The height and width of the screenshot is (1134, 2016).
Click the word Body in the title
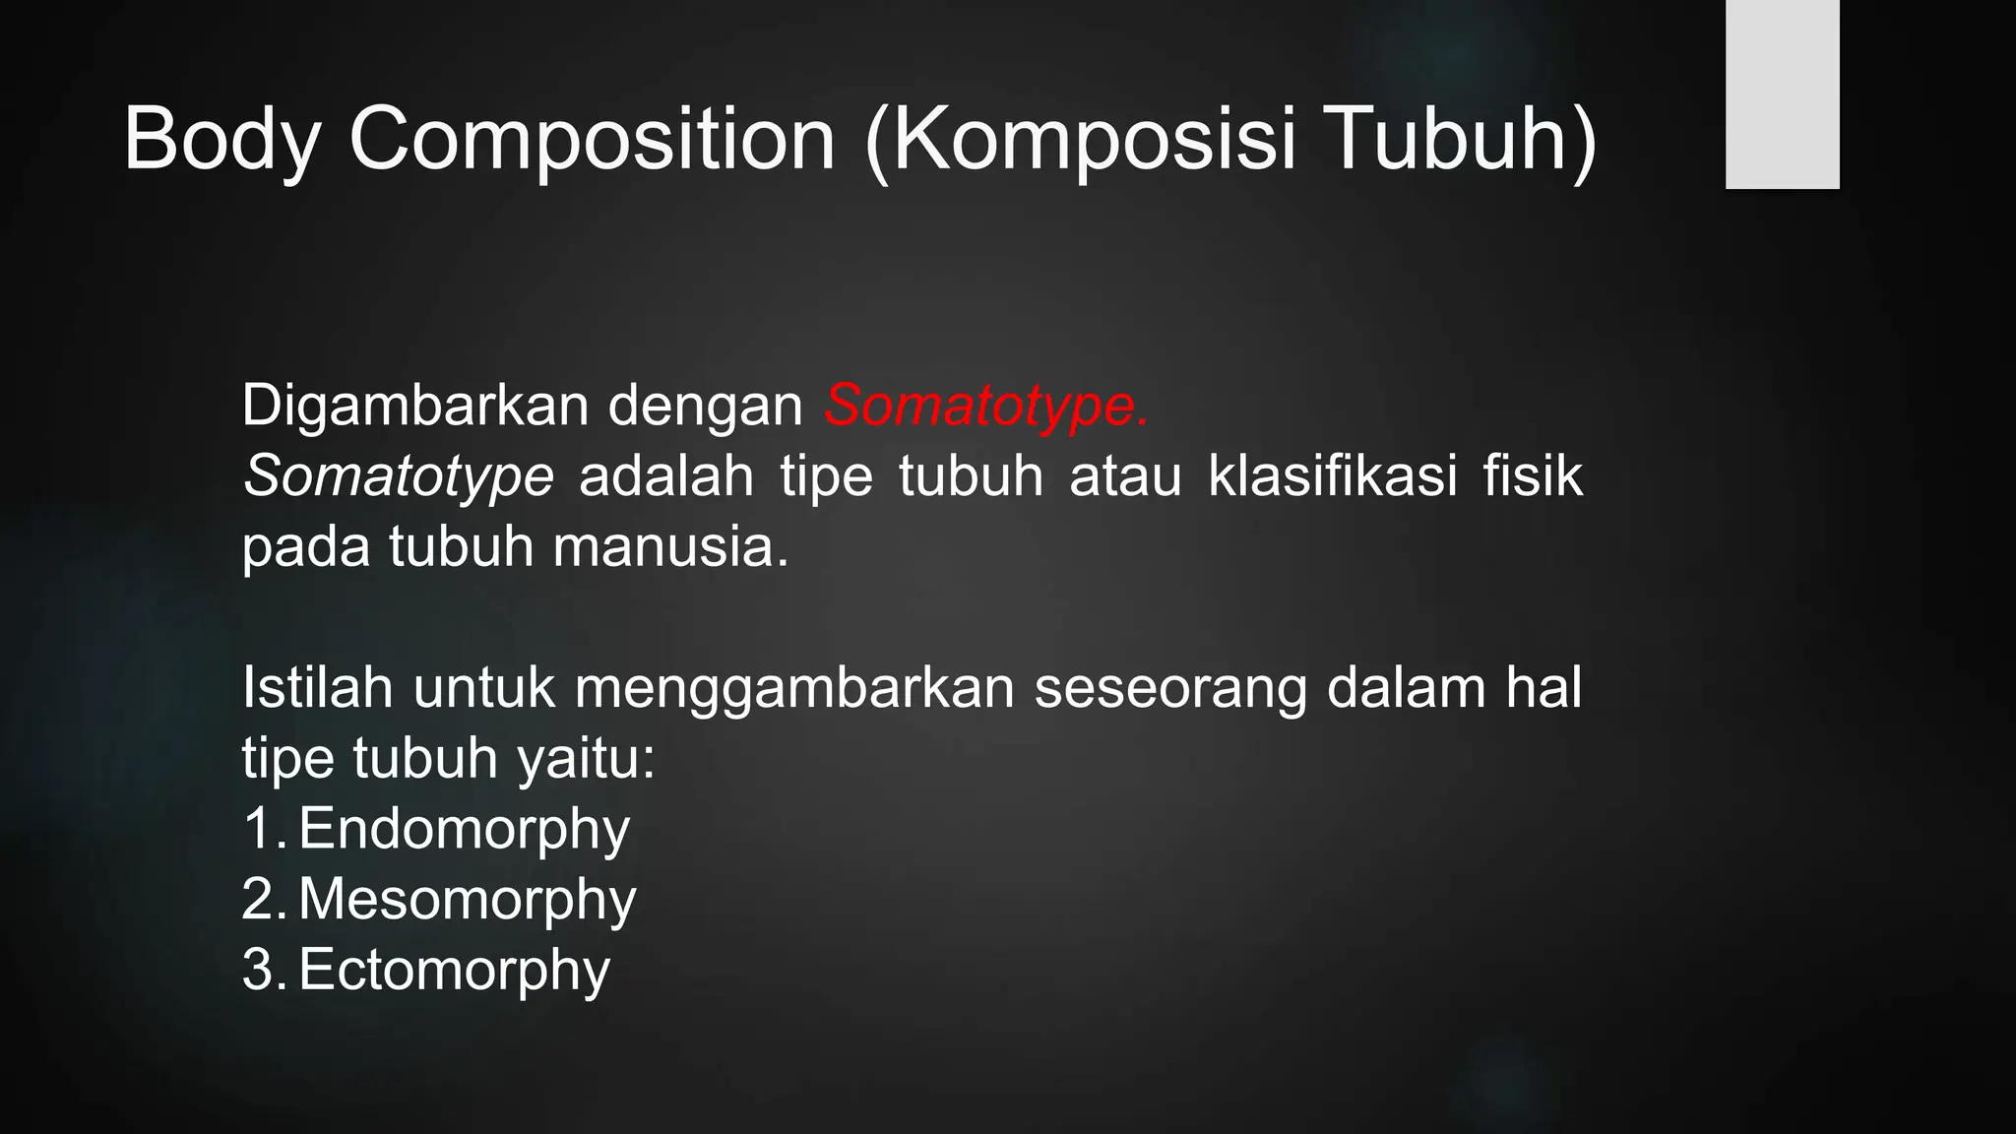point(221,141)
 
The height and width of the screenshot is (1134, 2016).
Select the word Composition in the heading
point(592,141)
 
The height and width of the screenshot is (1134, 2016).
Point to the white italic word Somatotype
point(398,475)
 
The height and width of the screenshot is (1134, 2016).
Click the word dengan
point(706,405)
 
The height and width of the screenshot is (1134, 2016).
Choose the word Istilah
point(317,687)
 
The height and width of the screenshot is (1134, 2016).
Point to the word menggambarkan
point(793,689)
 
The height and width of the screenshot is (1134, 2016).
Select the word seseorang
point(1170,689)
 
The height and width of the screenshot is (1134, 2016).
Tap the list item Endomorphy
point(464,829)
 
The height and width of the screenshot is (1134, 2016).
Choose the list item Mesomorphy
point(467,900)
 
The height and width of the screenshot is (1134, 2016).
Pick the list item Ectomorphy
point(454,971)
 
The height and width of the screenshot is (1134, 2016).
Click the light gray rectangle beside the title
point(1782,94)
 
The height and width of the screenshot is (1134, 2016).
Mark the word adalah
point(666,475)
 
